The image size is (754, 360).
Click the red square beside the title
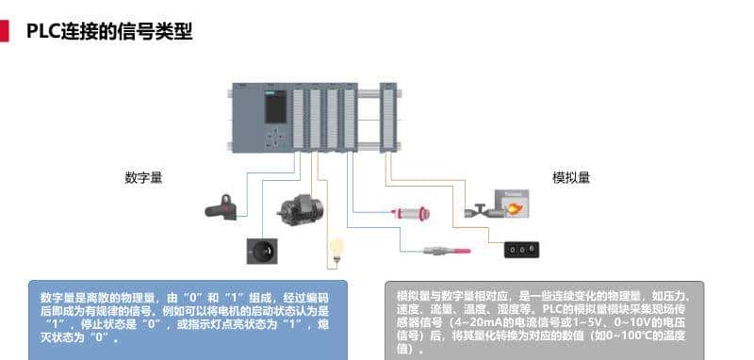[x=4, y=32]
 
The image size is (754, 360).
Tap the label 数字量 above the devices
[x=143, y=177]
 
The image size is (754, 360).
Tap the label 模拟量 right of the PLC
[x=571, y=177]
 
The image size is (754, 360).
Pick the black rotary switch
[x=263, y=251]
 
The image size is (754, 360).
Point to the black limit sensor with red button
[x=224, y=205]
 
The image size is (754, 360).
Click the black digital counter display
[x=521, y=249]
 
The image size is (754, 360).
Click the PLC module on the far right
[x=387, y=117]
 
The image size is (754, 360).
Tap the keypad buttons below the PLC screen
[x=275, y=139]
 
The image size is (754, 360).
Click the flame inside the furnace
[x=515, y=208]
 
